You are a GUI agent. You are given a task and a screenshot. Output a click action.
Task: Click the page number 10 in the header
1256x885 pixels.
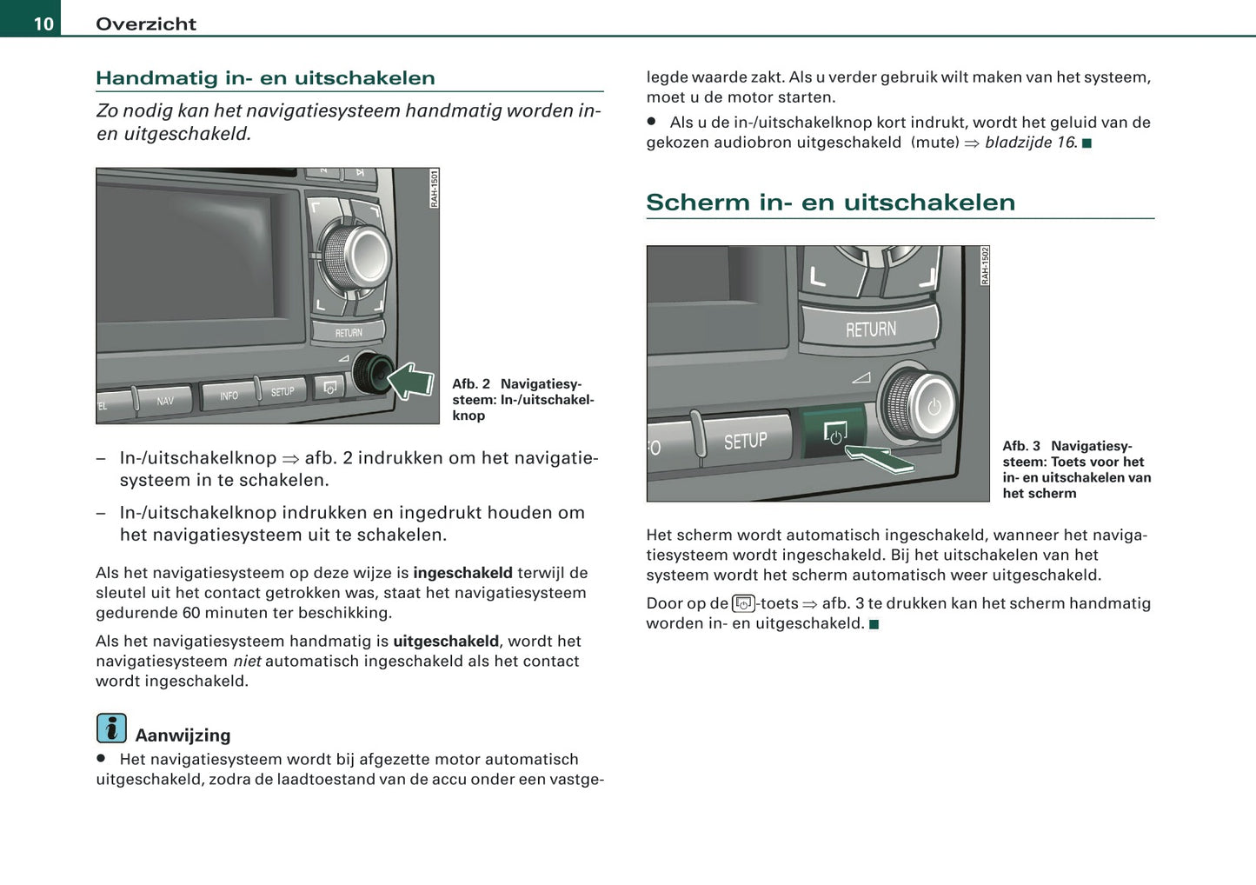click(x=43, y=23)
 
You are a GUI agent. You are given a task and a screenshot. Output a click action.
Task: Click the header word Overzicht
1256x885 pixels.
click(x=146, y=24)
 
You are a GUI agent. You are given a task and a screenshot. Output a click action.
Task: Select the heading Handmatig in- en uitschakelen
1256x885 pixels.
click(x=265, y=78)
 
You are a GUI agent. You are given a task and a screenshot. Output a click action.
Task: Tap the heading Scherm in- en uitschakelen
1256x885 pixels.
click(x=830, y=203)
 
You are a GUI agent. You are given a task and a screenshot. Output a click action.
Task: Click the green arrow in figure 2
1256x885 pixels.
click(x=410, y=381)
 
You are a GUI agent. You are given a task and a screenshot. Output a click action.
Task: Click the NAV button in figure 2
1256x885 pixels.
click(x=164, y=401)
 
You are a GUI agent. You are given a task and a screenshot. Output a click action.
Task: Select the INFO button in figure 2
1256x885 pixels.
click(x=229, y=396)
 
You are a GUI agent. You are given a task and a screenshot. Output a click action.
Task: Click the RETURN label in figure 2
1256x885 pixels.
click(x=349, y=333)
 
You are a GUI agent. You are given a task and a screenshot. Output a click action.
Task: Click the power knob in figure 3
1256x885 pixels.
click(x=920, y=405)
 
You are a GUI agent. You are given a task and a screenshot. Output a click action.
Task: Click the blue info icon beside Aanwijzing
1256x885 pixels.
click(x=111, y=728)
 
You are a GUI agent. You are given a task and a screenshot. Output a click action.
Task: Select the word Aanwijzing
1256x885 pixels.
click(x=183, y=735)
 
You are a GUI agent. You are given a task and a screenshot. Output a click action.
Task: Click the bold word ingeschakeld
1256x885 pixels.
click(x=462, y=573)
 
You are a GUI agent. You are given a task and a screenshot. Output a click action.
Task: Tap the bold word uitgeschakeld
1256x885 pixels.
click(x=445, y=642)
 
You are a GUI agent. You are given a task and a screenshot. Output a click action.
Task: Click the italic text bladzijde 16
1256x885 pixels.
click(x=1030, y=143)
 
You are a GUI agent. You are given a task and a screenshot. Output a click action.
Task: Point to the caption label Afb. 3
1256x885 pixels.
click(x=1021, y=446)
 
